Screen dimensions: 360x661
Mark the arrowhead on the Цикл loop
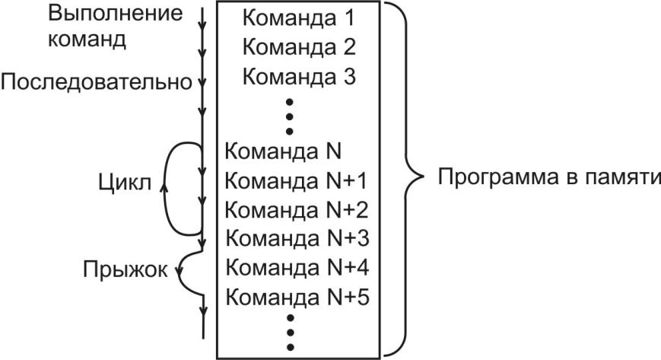click(165, 183)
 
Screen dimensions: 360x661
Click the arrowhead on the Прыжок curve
click(178, 267)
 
